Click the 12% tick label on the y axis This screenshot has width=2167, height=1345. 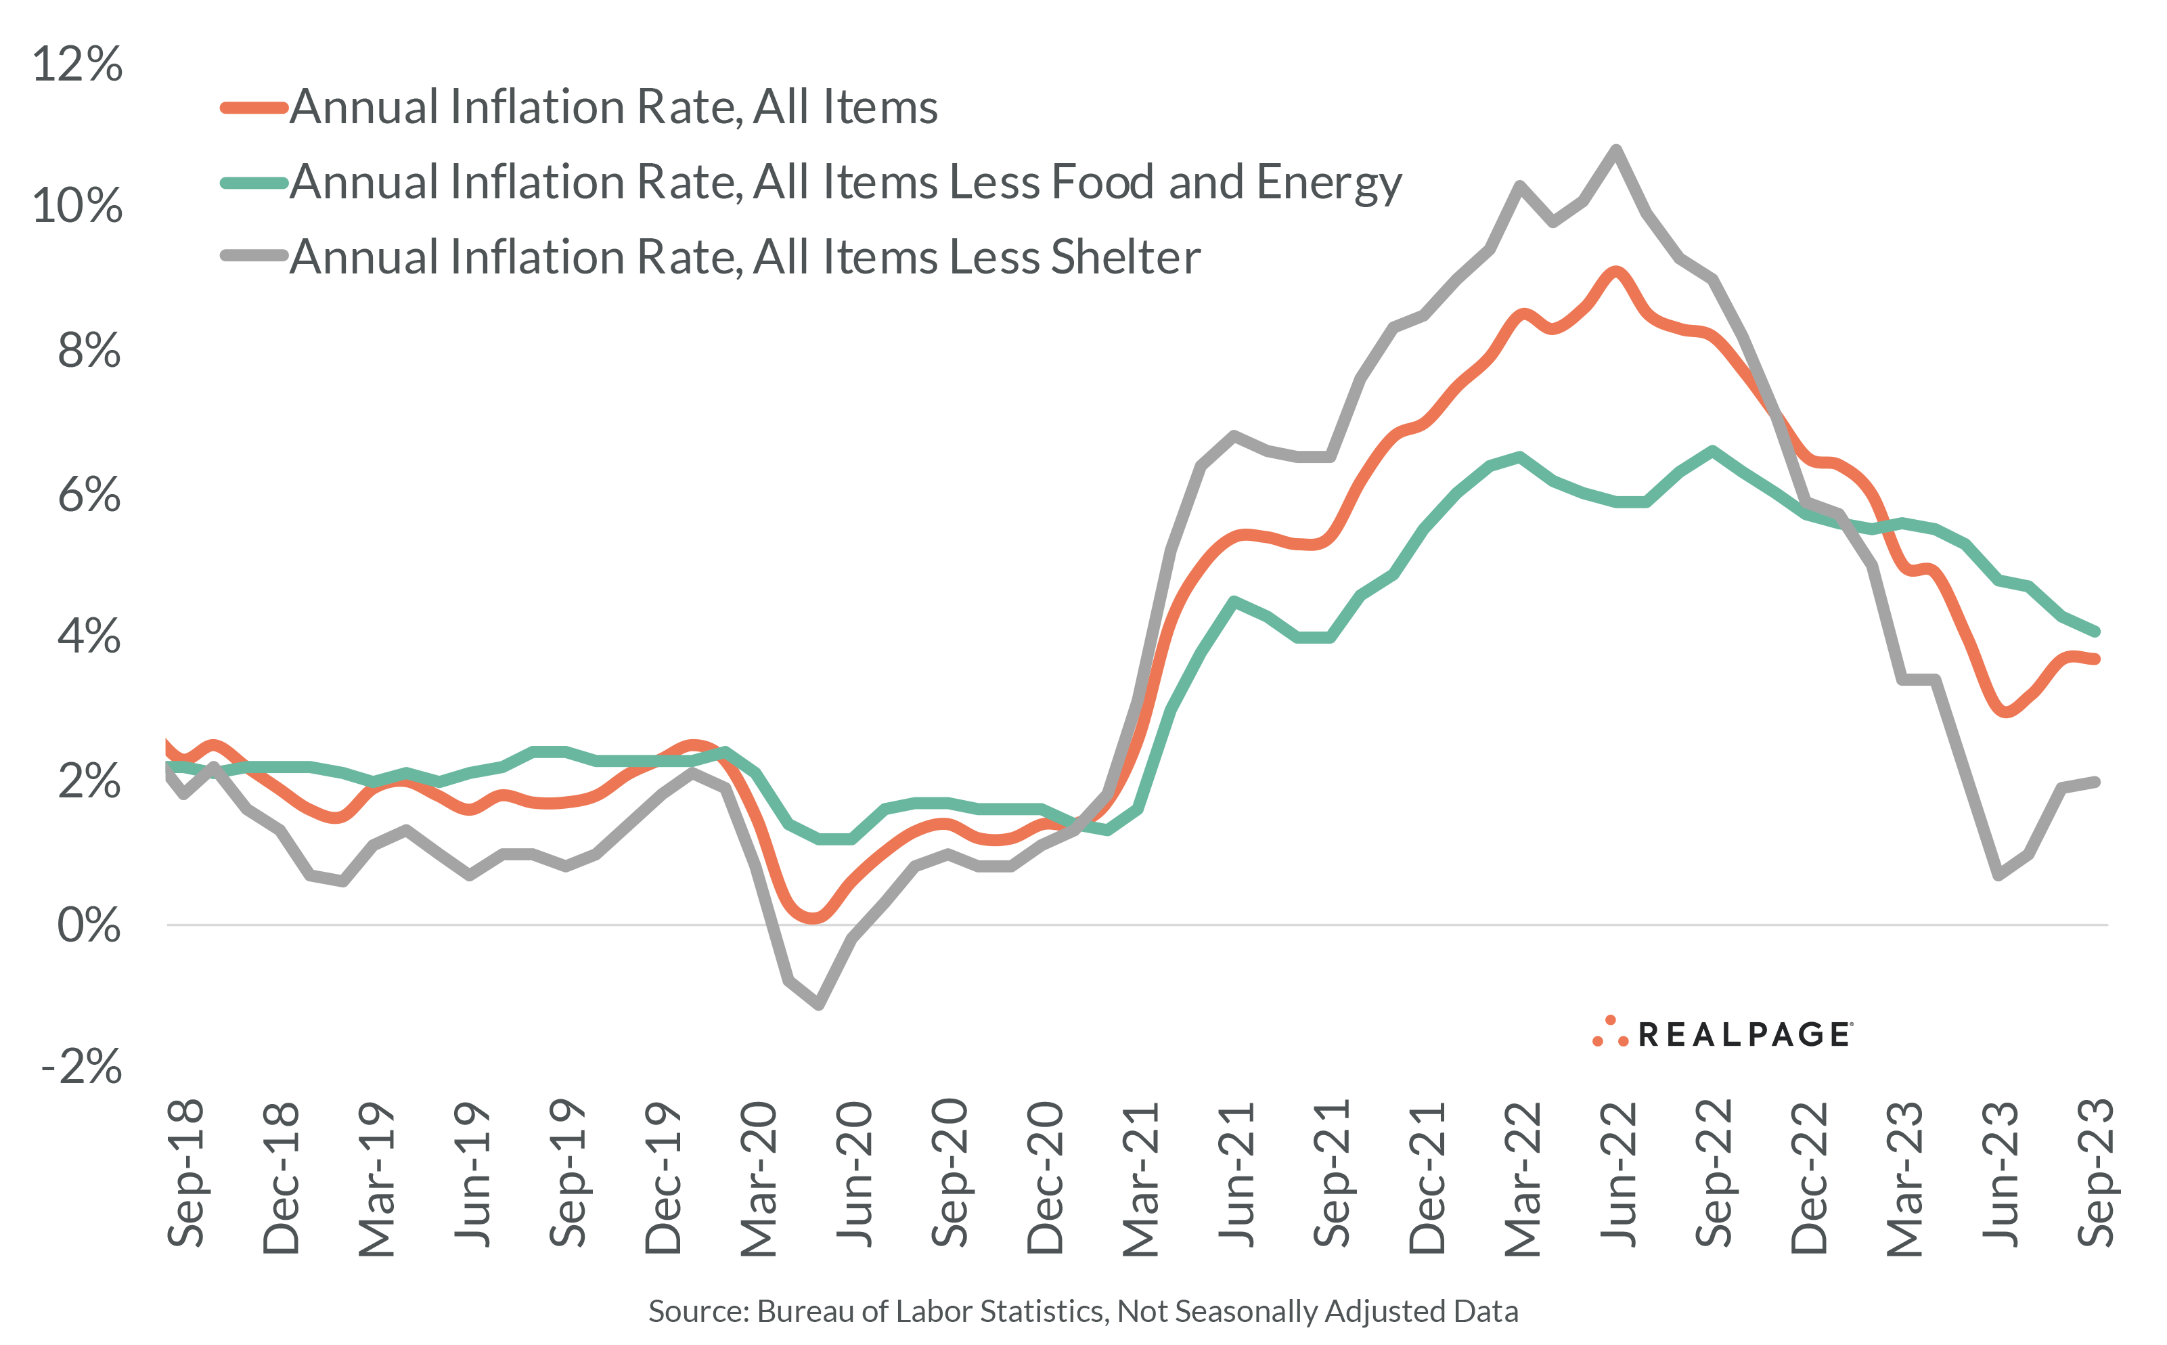point(77,64)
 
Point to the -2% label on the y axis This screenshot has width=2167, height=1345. point(82,1065)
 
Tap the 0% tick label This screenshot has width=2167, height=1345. point(88,925)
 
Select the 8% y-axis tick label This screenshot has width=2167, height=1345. point(88,351)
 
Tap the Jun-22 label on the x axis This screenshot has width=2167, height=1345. point(1617,1174)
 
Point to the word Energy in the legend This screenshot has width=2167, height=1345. point(1328,183)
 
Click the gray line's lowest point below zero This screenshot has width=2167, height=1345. point(818,1005)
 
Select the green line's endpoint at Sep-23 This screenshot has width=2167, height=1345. point(2096,632)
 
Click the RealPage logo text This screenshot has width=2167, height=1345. point(1745,1034)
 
